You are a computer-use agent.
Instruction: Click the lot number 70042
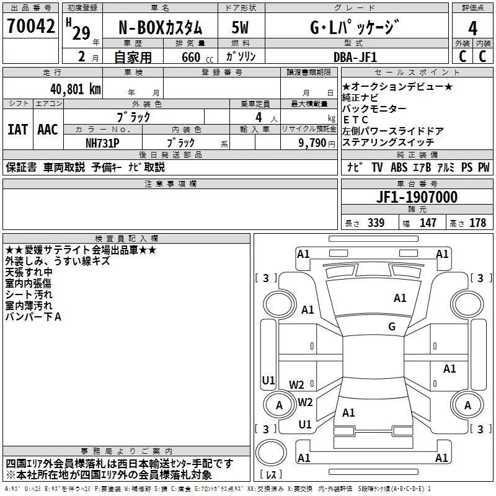tap(31, 27)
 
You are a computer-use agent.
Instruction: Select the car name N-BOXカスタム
tap(160, 28)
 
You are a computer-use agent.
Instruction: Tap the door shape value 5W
tap(241, 27)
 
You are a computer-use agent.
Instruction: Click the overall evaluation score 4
tap(472, 29)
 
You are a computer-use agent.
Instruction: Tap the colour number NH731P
tap(103, 142)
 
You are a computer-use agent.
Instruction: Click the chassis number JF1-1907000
tap(417, 197)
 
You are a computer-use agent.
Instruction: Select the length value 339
tap(374, 223)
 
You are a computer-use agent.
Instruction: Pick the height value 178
tap(477, 223)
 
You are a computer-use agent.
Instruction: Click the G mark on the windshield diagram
tap(391, 327)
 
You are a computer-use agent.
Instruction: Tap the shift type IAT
tap(18, 129)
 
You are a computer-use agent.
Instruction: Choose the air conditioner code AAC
tap(48, 129)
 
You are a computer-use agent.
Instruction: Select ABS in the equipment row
tap(399, 167)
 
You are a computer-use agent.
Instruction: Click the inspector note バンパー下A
tap(33, 317)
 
